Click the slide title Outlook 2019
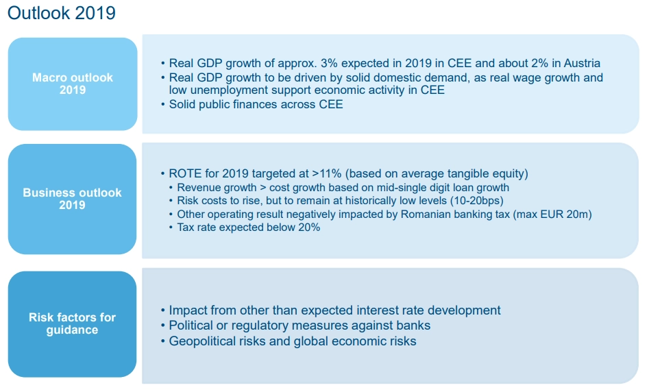click(62, 13)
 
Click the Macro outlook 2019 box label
click(73, 84)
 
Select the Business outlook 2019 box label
click(72, 199)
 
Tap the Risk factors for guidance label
click(72, 323)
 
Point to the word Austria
click(582, 63)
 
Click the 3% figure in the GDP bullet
click(329, 63)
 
